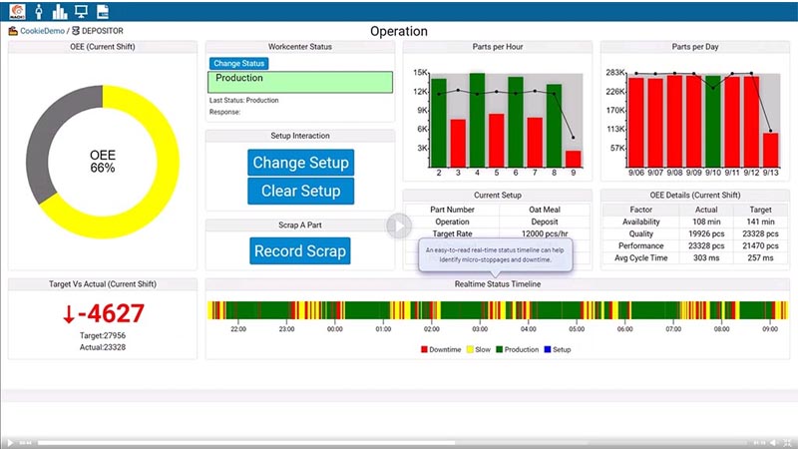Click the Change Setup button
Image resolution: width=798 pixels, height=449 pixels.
pyautogui.click(x=300, y=163)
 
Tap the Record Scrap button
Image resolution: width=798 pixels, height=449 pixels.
pyautogui.click(x=300, y=251)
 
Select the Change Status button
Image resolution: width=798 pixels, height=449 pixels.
pyautogui.click(x=238, y=64)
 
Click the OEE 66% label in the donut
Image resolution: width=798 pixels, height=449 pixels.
pyautogui.click(x=103, y=162)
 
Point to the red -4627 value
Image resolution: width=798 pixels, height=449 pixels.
pyautogui.click(x=103, y=313)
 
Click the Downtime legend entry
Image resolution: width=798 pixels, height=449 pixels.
pyautogui.click(x=441, y=349)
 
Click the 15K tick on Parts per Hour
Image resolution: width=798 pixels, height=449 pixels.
pyautogui.click(x=422, y=73)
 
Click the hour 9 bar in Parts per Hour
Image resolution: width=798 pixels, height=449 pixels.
pyautogui.click(x=573, y=158)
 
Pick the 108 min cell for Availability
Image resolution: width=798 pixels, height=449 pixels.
pyautogui.click(x=706, y=222)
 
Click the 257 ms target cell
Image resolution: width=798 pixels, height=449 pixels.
pyautogui.click(x=760, y=257)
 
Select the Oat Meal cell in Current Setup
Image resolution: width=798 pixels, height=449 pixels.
pyautogui.click(x=546, y=209)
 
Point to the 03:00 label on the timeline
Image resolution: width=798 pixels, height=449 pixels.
pyautogui.click(x=480, y=328)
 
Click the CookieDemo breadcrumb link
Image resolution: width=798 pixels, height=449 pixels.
pyautogui.click(x=42, y=31)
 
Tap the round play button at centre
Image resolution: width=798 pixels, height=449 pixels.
pyautogui.click(x=399, y=225)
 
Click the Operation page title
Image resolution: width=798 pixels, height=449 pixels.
pyautogui.click(x=399, y=31)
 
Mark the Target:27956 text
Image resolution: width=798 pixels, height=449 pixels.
pyautogui.click(x=103, y=336)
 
